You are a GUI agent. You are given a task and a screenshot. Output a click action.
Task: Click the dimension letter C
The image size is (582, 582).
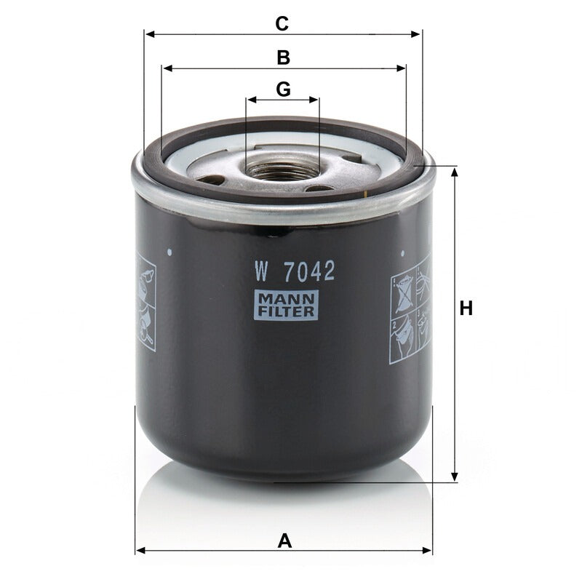coord(282,24)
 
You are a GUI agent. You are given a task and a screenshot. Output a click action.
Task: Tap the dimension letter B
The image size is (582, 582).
coord(283,57)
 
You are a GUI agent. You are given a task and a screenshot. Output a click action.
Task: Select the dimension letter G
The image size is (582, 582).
coord(283,89)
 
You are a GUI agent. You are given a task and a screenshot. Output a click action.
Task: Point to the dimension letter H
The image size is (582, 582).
coord(466,308)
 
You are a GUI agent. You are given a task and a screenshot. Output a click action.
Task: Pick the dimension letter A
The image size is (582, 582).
coord(284,541)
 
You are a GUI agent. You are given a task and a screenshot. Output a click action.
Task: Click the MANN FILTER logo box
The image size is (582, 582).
coord(286,305)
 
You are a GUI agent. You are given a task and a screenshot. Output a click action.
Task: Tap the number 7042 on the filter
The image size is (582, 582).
coord(308,271)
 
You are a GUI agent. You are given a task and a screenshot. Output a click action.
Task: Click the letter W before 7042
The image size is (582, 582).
coord(261,271)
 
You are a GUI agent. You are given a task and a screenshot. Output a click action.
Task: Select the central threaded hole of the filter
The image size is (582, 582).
coord(282,169)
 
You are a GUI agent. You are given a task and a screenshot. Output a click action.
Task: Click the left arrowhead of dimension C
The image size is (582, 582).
coord(150,34)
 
